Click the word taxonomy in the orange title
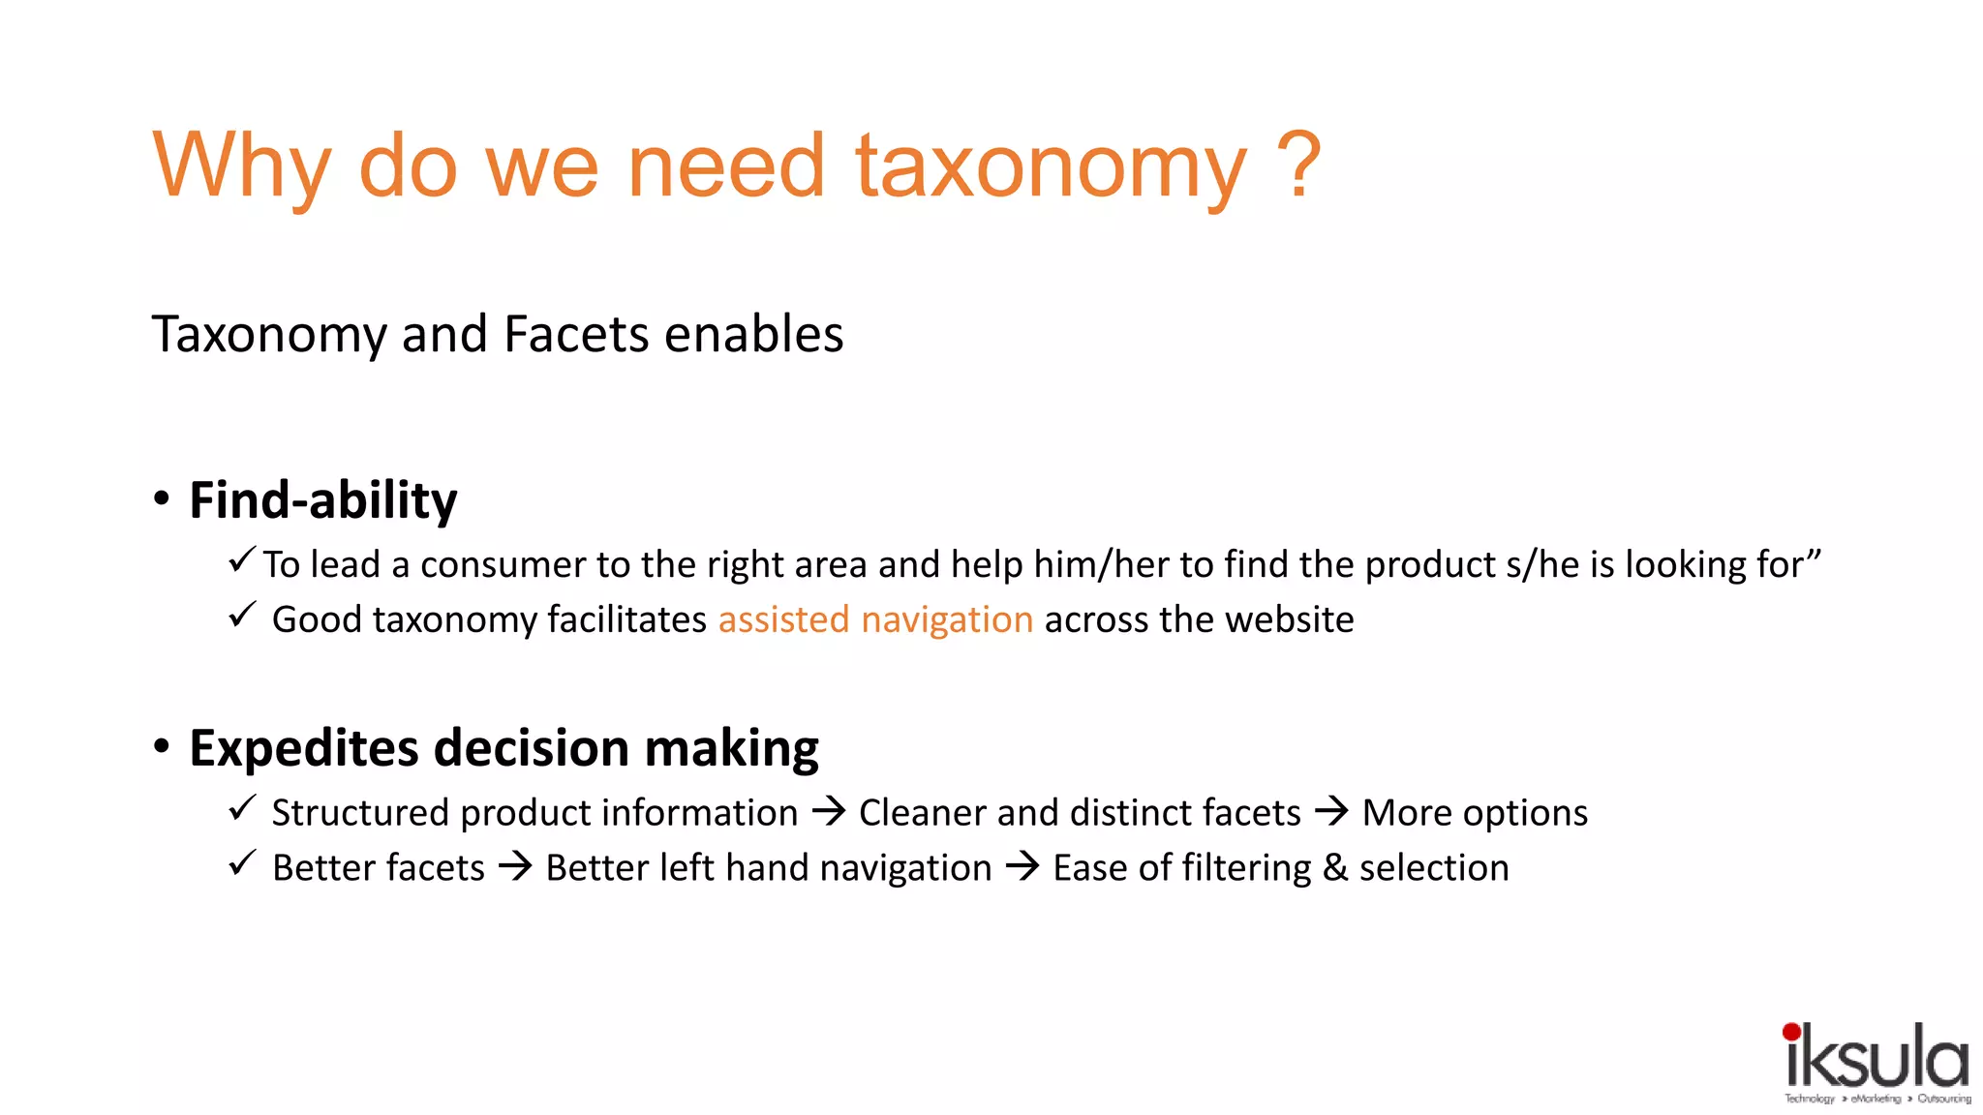coord(1051,166)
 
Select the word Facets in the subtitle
coord(577,335)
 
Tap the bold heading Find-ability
coord(322,500)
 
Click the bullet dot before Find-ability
coord(162,499)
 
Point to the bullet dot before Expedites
coord(162,746)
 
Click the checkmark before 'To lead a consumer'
coord(242,559)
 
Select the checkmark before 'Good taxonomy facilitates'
coord(242,615)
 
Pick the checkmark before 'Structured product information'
coord(242,807)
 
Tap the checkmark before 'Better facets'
coord(242,862)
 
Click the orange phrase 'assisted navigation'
coord(875,619)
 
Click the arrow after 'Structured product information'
coord(829,811)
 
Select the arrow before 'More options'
coord(1331,811)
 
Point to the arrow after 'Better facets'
coord(515,866)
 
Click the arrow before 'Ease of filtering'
coord(1022,866)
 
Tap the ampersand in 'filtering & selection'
coord(1334,868)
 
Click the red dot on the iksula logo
coord(1791,1032)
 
